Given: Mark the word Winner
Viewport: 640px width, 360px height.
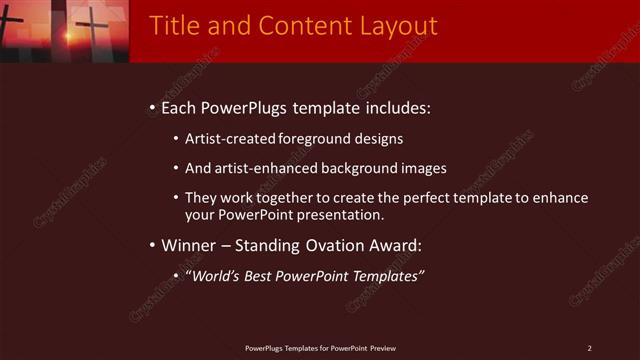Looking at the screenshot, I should click(188, 245).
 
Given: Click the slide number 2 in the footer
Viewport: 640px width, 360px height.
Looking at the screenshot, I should click(589, 348).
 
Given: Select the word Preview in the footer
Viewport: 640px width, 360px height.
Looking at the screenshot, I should click(383, 348).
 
